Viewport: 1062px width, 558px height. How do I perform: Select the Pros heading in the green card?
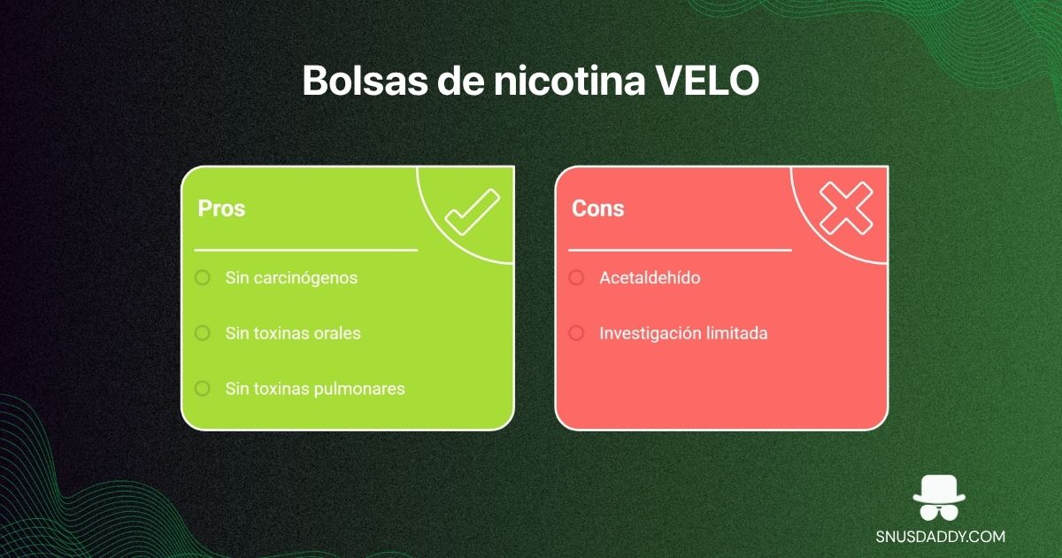tap(221, 208)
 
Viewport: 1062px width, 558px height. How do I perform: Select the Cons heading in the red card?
tap(597, 208)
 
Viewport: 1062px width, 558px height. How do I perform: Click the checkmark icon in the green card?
tap(472, 213)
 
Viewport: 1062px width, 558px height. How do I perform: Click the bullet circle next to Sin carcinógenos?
tap(203, 278)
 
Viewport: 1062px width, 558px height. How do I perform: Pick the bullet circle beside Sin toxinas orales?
tap(203, 333)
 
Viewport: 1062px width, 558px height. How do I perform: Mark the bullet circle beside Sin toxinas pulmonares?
tap(203, 388)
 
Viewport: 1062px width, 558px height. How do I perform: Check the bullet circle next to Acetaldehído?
tap(576, 278)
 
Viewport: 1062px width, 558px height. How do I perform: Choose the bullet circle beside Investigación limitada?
tap(576, 333)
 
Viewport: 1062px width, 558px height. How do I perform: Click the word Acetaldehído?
tap(650, 278)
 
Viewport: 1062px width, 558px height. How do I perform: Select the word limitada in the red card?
tap(736, 334)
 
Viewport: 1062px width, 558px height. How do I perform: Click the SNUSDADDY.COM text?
tap(939, 537)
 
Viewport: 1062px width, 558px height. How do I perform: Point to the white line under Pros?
tap(305, 251)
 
